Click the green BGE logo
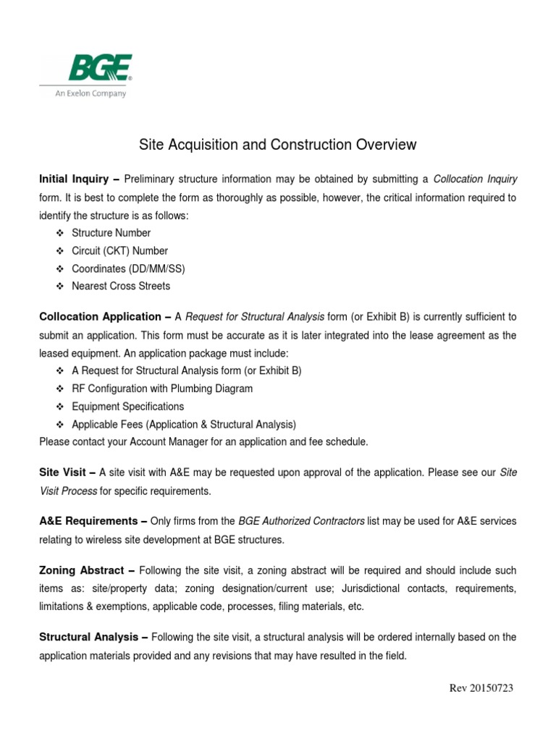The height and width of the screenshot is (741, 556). [99, 69]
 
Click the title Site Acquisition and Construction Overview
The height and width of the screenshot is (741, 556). [277, 145]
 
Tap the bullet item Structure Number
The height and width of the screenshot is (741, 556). [111, 233]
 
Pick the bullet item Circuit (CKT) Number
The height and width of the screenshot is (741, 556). [119, 251]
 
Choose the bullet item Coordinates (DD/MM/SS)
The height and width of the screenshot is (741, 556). [128, 268]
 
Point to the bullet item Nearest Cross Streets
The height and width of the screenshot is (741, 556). [121, 286]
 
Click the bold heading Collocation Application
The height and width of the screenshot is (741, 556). [100, 317]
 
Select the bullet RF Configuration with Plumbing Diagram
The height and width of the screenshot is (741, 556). [162, 389]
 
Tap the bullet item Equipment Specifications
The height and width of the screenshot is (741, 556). [128, 407]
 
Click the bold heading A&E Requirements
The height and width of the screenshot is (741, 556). [88, 521]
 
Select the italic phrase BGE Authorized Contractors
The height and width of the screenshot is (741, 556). [301, 521]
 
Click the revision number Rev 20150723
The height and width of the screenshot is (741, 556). [481, 688]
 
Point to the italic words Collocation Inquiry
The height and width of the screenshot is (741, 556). [475, 179]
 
